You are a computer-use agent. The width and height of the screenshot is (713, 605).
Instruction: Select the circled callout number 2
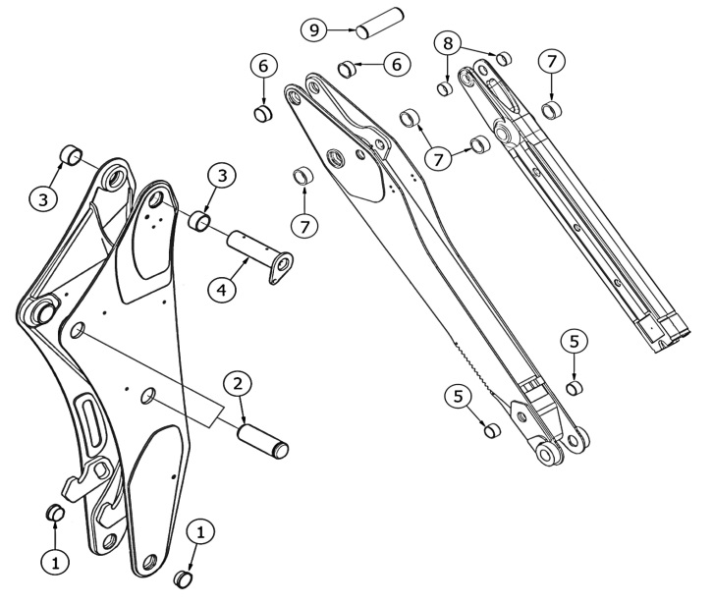[x=236, y=384]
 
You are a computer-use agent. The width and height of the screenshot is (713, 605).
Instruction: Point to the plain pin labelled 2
[x=265, y=437]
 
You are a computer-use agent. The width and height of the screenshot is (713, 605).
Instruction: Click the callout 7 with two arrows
[x=435, y=157]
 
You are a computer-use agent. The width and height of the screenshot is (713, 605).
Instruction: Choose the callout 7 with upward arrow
[x=305, y=225]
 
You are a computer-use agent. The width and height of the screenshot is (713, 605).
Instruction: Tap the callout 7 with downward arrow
[x=552, y=61]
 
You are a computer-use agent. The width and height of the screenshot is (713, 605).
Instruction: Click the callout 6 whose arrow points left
[x=397, y=62]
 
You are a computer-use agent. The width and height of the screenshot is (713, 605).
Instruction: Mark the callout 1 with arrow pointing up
[x=56, y=562]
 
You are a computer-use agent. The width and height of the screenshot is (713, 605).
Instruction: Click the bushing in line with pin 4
[x=202, y=219]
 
